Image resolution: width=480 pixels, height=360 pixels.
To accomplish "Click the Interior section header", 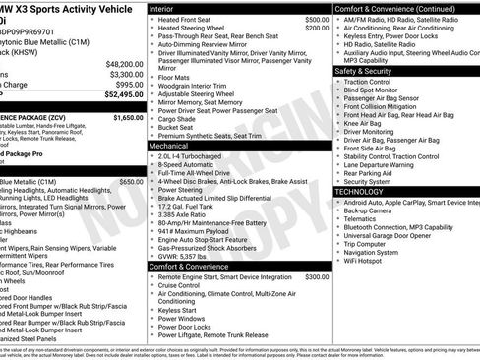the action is (168, 8).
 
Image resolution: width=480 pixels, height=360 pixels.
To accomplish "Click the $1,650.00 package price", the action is (128, 117).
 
